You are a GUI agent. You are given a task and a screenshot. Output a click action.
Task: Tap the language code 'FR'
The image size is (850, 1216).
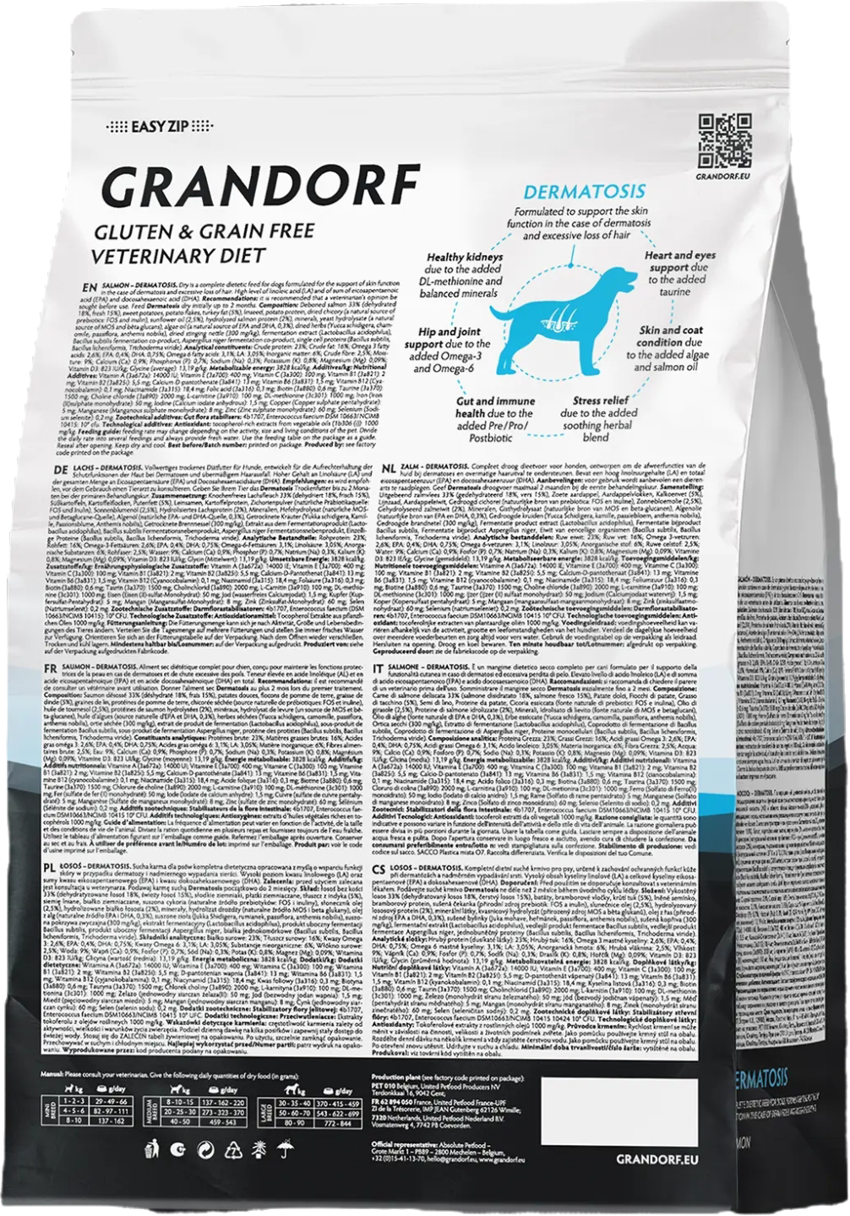(x=58, y=644)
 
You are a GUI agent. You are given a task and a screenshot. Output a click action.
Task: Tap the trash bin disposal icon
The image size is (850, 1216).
(x=152, y=1148)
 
